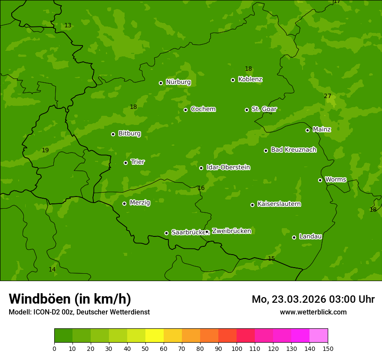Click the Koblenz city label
tap(250, 79)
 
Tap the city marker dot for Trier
tap(125, 163)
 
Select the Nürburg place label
tap(178, 82)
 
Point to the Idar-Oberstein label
tap(228, 167)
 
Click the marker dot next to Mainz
tap(307, 130)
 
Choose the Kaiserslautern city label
tap(279, 204)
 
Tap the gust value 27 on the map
tap(327, 96)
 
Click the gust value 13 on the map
tap(68, 26)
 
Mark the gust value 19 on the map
tap(45, 151)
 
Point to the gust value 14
tap(52, 269)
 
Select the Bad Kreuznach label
tap(293, 150)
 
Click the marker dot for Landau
tap(294, 237)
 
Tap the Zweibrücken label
tap(231, 231)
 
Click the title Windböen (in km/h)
tap(70, 299)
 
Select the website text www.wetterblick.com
tap(313, 312)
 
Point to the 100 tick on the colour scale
tap(237, 348)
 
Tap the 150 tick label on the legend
tap(328, 348)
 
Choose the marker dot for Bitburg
tap(113, 134)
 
